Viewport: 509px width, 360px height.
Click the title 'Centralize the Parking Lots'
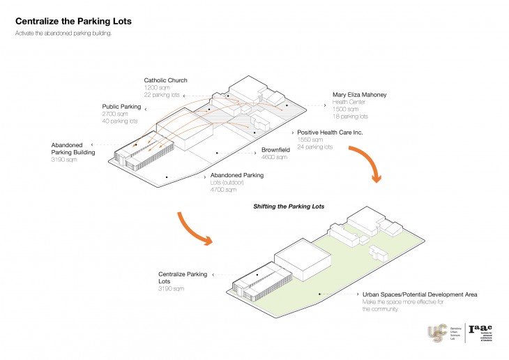pos(73,21)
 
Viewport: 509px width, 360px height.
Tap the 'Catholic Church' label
pos(166,80)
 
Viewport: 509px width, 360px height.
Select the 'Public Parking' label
pos(121,106)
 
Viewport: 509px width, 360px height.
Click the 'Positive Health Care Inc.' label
pos(330,132)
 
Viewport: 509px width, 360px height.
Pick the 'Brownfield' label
pos(277,150)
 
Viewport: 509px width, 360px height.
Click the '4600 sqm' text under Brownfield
pos(274,158)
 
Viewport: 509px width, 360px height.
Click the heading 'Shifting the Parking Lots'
pos(288,207)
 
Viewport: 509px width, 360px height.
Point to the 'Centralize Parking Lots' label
pos(182,278)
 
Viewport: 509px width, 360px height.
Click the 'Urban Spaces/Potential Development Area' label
pos(420,294)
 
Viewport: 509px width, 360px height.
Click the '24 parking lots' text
pos(316,147)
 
